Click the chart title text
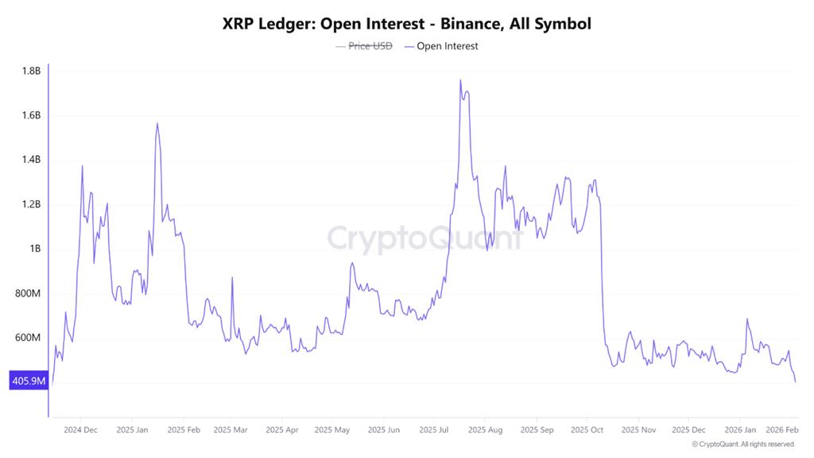coord(407,24)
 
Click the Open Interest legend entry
coord(442,46)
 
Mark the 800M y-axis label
coord(28,293)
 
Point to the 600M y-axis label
coord(28,338)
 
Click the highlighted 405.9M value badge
coord(29,382)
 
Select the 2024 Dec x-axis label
coord(80,430)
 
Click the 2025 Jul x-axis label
coord(435,430)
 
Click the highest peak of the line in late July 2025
coord(460,80)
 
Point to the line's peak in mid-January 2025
coord(157,123)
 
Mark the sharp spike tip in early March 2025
coord(232,278)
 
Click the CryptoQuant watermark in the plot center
coord(425,239)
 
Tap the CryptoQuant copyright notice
coord(742,444)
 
